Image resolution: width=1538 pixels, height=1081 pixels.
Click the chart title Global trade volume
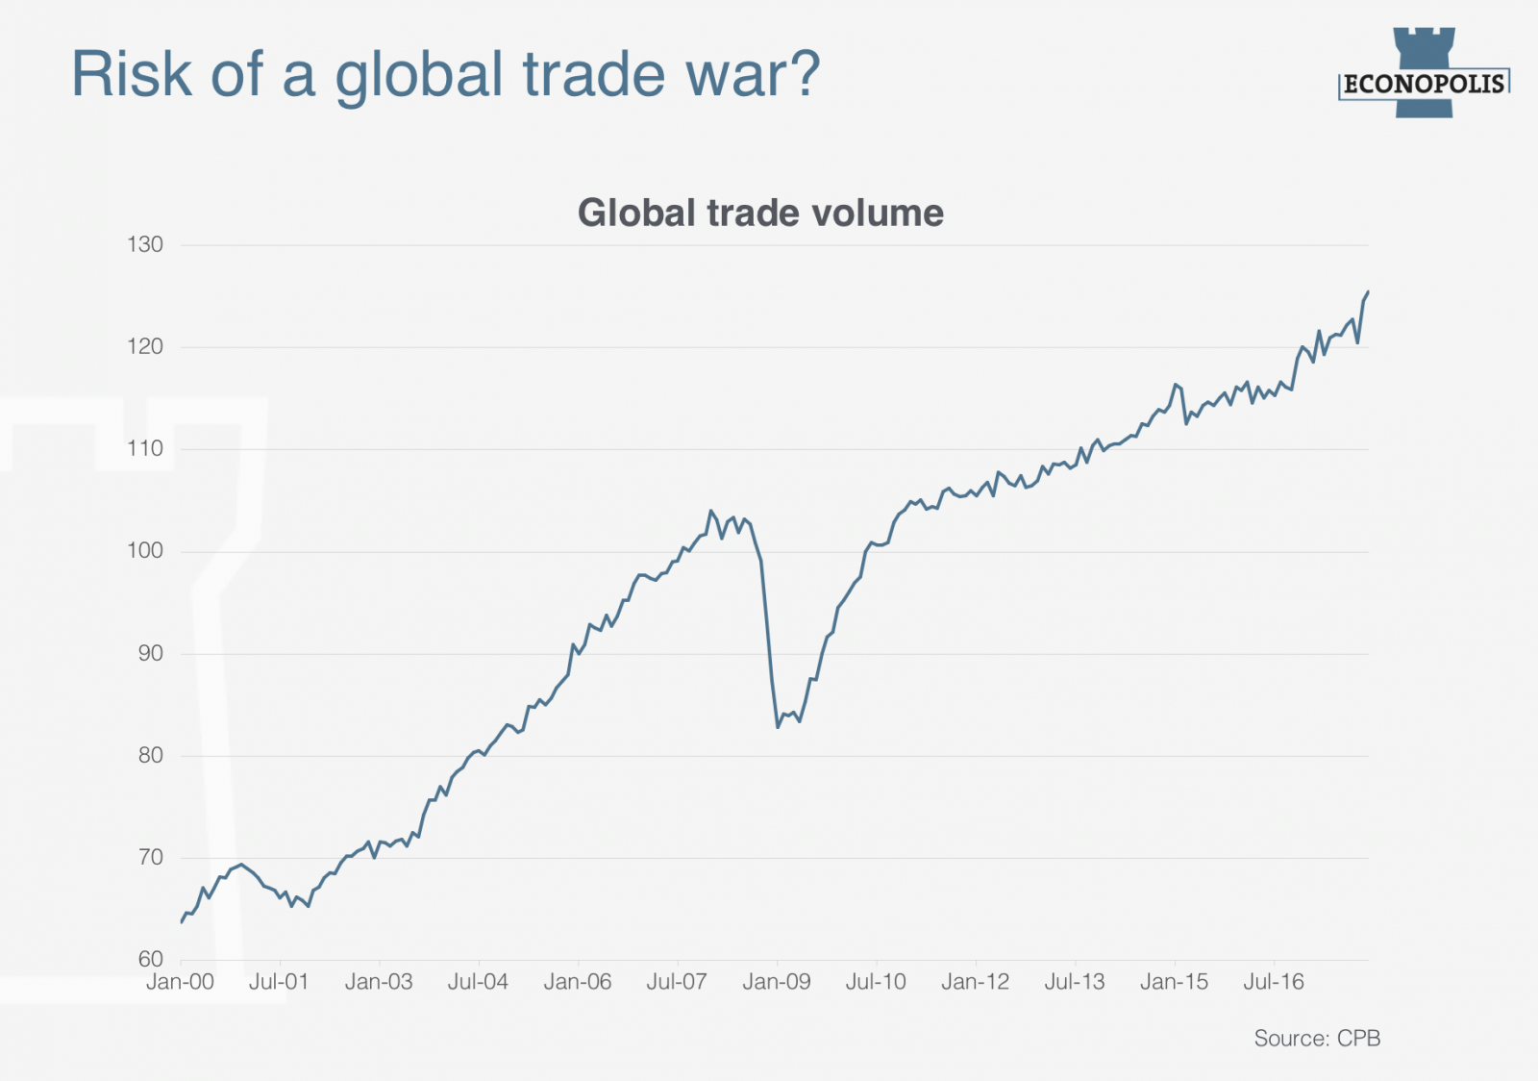coord(760,213)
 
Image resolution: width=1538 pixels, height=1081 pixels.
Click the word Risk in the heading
coord(133,74)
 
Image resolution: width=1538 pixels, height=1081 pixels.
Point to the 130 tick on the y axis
coord(145,244)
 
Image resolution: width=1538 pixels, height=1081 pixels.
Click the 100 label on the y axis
coord(145,551)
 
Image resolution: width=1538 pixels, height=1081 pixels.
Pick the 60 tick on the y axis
coord(150,959)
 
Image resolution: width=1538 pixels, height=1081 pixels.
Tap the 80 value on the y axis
coord(150,755)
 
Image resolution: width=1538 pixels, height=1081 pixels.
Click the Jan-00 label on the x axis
coord(180,982)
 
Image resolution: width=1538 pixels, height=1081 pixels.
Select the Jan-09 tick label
coord(777,982)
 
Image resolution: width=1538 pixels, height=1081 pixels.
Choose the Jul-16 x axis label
coord(1274,982)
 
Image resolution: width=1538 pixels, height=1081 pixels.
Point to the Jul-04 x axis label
coord(478,982)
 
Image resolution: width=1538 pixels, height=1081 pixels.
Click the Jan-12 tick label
coord(976,982)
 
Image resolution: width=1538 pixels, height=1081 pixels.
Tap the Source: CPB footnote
coord(1317,1039)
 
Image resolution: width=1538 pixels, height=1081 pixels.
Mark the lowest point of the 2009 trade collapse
coord(778,727)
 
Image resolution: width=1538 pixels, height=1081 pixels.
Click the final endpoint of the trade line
coord(1368,291)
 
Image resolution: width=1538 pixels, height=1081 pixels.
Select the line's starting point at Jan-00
coord(182,922)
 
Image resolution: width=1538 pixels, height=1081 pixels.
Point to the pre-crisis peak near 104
coord(710,511)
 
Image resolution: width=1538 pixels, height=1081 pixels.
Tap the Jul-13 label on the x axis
coord(1075,982)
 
